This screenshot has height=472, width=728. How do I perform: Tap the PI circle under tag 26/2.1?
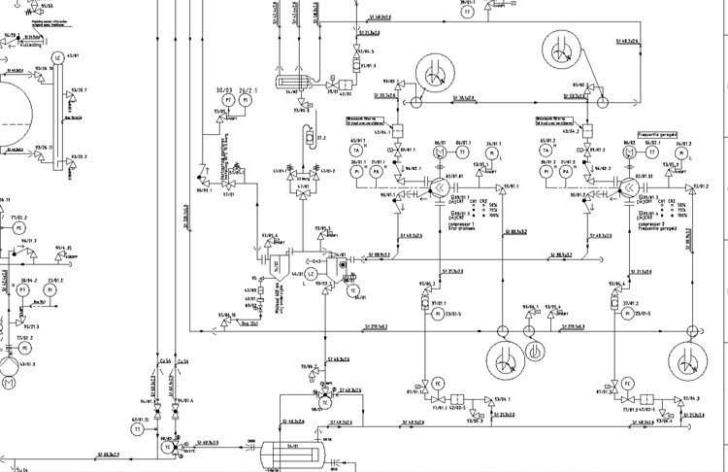click(247, 100)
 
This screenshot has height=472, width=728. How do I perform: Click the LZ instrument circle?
click(311, 275)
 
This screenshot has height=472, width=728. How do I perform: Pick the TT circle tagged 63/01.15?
click(137, 427)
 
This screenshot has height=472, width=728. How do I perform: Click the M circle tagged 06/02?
click(626, 152)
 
